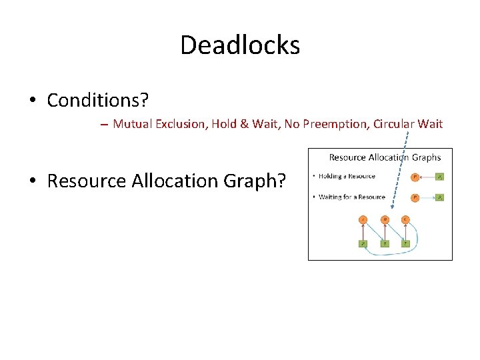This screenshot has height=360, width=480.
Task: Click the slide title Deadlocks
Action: (240, 45)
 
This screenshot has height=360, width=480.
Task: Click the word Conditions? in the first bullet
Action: (98, 101)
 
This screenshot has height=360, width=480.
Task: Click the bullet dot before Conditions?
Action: (32, 101)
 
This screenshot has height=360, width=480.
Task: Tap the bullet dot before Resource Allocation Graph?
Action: (32, 181)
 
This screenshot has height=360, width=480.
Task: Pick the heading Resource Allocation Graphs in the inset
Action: (385, 157)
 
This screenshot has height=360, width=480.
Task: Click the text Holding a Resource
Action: (347, 176)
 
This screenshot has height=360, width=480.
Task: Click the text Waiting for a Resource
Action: (352, 197)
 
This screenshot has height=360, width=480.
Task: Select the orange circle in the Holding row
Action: (415, 177)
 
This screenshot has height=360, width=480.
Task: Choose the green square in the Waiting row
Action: (439, 197)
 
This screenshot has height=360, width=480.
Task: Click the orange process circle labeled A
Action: (363, 219)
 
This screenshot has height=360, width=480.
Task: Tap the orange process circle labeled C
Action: (405, 219)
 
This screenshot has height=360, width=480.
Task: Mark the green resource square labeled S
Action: (385, 243)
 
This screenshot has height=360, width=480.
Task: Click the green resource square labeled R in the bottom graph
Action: (363, 243)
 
